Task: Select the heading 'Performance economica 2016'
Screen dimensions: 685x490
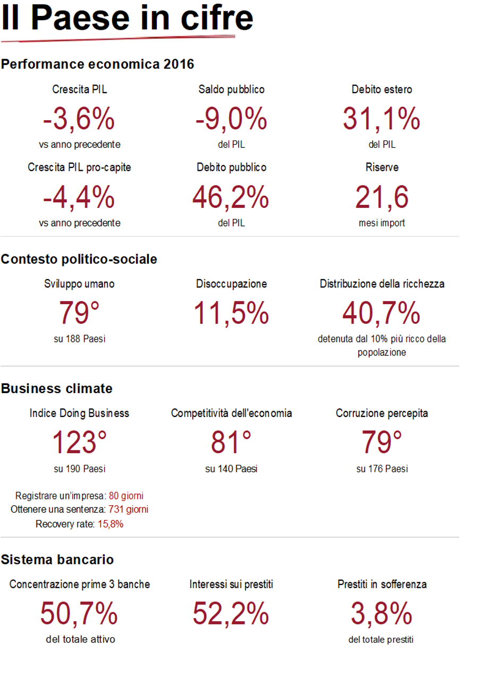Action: pyautogui.click(x=98, y=64)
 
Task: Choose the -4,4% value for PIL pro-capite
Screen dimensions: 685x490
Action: pyautogui.click(x=79, y=197)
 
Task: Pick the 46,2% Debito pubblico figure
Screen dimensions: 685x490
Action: pyautogui.click(x=231, y=197)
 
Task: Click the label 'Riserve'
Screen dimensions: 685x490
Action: pyautogui.click(x=382, y=167)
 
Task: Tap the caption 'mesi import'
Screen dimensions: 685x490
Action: pyautogui.click(x=382, y=223)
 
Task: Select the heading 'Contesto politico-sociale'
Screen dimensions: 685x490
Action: pyautogui.click(x=79, y=259)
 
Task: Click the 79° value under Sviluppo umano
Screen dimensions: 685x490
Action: pyautogui.click(x=79, y=313)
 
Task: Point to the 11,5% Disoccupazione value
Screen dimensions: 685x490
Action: pyautogui.click(x=231, y=313)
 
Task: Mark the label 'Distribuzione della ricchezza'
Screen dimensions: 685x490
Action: pyautogui.click(x=382, y=284)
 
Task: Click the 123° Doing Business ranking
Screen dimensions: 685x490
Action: pyautogui.click(x=79, y=442)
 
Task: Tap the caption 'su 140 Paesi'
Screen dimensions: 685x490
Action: pyautogui.click(x=231, y=469)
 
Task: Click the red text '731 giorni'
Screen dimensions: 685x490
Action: pyautogui.click(x=128, y=509)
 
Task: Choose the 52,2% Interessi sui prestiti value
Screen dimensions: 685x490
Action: pyautogui.click(x=231, y=614)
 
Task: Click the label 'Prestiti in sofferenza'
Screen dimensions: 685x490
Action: pyautogui.click(x=382, y=584)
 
